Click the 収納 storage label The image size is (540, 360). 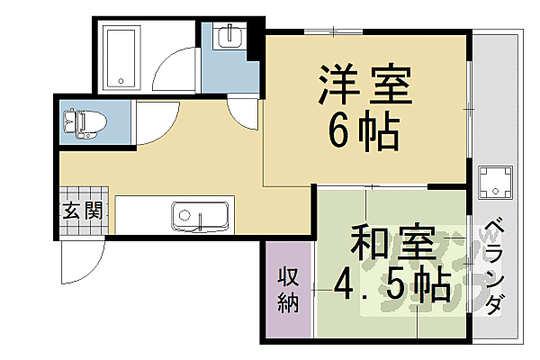point(287,290)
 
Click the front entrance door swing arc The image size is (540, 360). point(79,261)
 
